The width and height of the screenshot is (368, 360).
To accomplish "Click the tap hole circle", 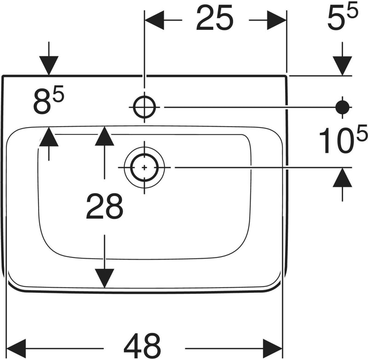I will [144, 107].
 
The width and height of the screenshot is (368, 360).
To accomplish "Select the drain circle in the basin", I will [144, 168].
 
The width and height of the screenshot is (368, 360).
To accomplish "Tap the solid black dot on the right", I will [342, 107].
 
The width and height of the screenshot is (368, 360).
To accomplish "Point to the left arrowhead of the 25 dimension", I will [155, 20].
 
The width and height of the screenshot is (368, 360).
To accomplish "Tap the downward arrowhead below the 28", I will [105, 278].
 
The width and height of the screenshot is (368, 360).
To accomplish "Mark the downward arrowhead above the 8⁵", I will [49, 65].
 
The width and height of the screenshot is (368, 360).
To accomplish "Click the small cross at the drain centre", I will [144, 168].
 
